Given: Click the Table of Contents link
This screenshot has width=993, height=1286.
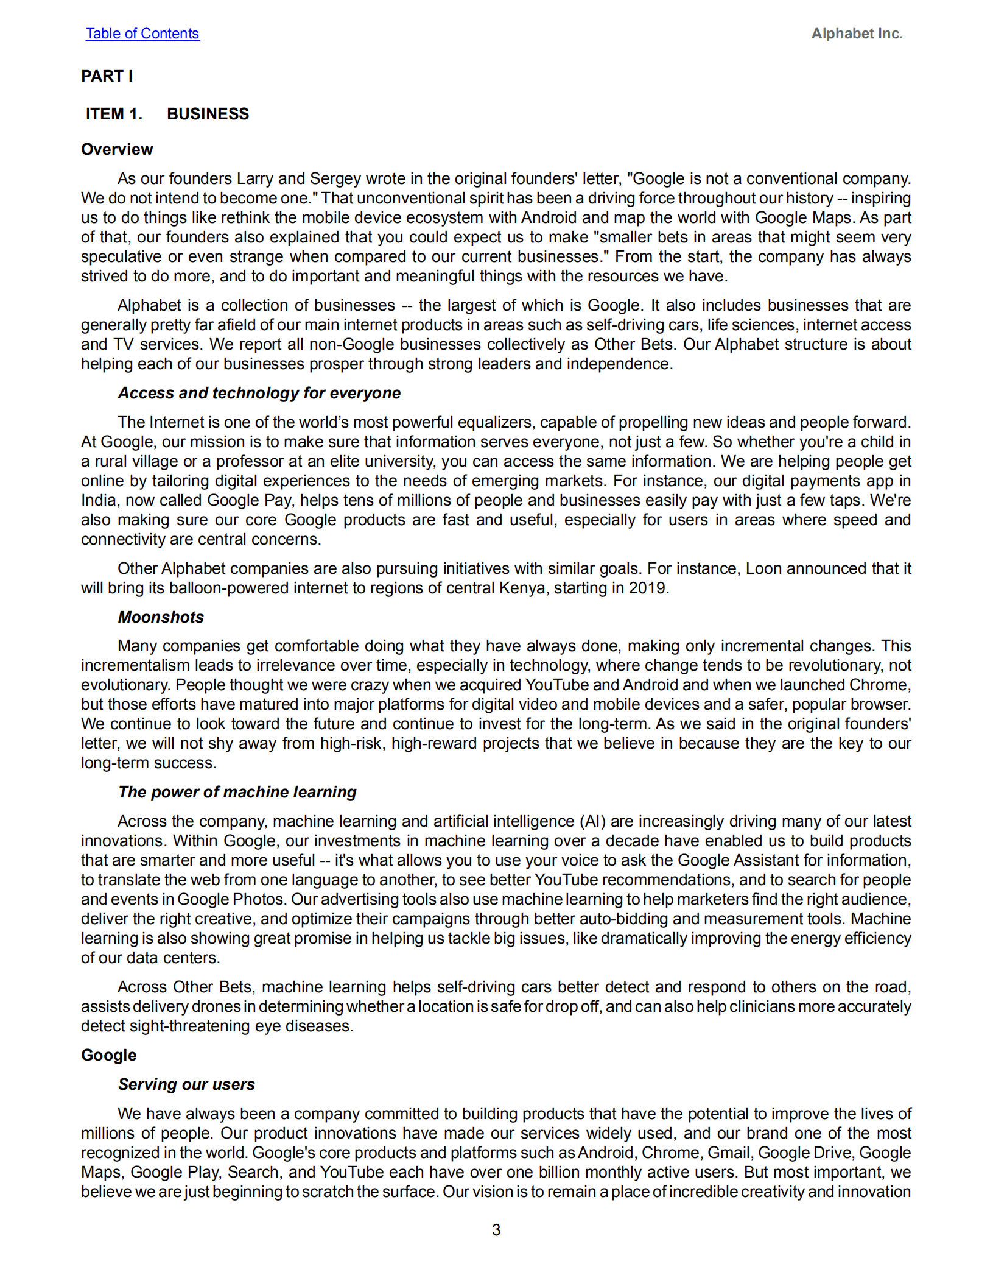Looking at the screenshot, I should [x=142, y=34].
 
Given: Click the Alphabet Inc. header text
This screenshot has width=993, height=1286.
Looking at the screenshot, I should [x=856, y=34].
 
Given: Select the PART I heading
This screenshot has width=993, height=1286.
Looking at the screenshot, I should [x=107, y=76].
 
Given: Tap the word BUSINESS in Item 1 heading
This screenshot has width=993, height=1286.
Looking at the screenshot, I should [x=208, y=114].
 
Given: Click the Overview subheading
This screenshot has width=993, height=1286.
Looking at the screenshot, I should [x=117, y=149].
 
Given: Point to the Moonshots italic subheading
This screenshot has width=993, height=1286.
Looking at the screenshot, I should [x=161, y=617].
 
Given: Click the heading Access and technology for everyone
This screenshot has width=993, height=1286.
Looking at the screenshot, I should [x=259, y=393].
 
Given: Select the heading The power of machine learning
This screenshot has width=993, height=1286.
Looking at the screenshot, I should [x=237, y=792].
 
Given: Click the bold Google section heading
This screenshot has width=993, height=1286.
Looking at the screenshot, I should [x=108, y=1055].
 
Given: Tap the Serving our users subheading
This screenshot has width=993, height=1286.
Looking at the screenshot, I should [x=186, y=1084].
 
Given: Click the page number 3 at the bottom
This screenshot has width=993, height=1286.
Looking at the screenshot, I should [x=496, y=1230].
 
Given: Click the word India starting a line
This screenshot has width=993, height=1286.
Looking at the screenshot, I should [x=99, y=500].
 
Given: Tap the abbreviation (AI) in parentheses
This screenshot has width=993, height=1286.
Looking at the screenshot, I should [x=592, y=821].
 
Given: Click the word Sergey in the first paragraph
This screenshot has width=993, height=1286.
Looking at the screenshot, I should [x=335, y=178].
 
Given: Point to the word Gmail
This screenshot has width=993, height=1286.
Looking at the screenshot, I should [x=729, y=1153].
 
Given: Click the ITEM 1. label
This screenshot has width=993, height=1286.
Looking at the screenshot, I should [x=114, y=114].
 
